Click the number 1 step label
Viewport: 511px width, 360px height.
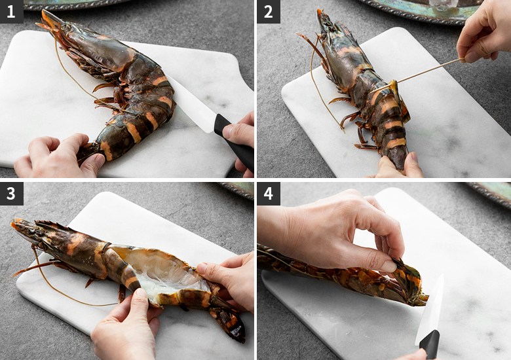pyautogui.click(x=11, y=12)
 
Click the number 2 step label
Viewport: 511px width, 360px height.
pyautogui.click(x=269, y=12)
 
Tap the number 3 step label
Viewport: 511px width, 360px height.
pyautogui.click(x=11, y=194)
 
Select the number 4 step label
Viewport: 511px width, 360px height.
pyautogui.click(x=269, y=194)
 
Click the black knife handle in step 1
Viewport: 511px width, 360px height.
pyautogui.click(x=234, y=141)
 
